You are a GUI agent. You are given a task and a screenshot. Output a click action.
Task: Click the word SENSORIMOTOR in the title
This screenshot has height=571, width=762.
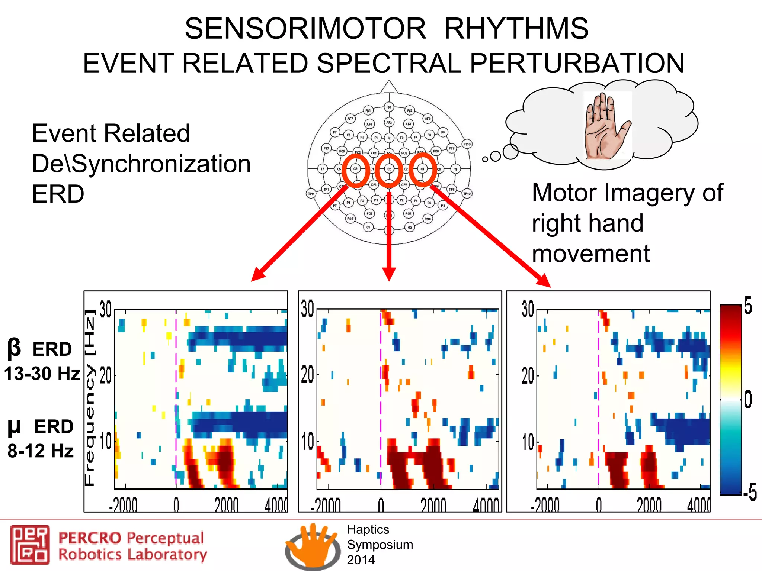(305, 29)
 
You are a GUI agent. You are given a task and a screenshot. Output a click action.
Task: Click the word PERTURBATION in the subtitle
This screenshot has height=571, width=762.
(577, 63)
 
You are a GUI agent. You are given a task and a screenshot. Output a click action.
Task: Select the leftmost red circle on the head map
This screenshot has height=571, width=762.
(355, 170)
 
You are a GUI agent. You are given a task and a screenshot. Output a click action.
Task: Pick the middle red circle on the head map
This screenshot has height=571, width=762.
(389, 170)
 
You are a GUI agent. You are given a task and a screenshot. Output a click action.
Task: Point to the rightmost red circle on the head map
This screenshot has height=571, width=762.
(423, 170)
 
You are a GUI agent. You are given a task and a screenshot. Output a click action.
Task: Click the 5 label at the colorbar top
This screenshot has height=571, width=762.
(748, 306)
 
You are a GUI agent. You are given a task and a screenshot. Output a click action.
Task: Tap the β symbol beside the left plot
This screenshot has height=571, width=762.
(14, 348)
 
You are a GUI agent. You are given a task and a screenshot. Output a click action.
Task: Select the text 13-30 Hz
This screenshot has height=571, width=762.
(42, 373)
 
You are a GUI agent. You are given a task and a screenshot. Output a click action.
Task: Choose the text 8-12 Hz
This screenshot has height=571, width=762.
(40, 451)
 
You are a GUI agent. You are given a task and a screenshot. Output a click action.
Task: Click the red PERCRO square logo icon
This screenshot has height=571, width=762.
(30, 545)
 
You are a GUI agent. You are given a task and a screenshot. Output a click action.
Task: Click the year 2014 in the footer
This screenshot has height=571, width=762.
(361, 560)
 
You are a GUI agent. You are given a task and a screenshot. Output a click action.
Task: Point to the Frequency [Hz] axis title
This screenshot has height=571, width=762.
(90, 398)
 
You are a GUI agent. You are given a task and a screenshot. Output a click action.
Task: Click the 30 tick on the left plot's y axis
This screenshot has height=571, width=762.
(106, 309)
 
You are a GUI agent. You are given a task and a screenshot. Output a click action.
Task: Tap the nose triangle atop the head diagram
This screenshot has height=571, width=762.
(389, 87)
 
